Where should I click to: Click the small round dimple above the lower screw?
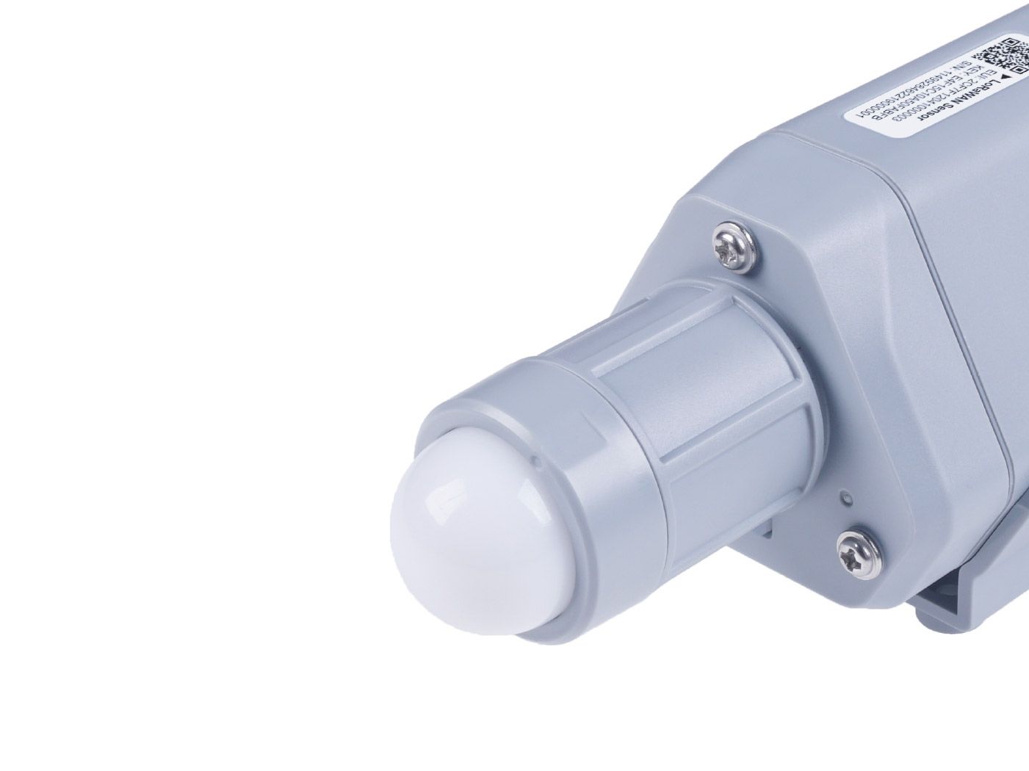point(848,499)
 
